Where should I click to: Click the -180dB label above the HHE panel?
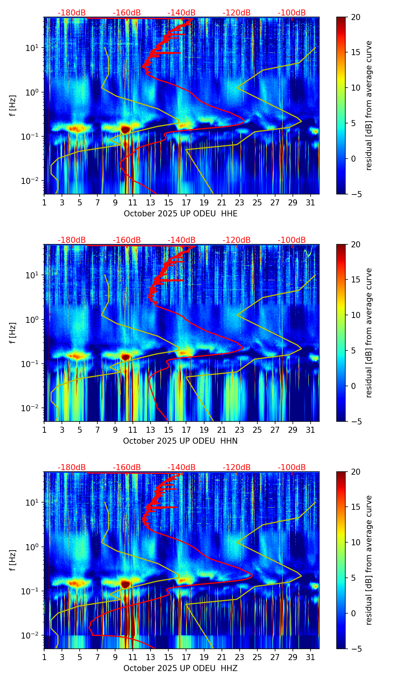72,13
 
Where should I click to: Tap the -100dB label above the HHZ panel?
292,468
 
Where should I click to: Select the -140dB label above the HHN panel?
182,240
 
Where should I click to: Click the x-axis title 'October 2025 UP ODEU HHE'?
180,214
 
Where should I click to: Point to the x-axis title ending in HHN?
180,441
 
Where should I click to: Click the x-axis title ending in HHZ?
180,668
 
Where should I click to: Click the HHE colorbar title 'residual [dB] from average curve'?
369,105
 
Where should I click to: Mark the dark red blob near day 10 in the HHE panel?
125,130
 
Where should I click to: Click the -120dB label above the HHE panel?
237,13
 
